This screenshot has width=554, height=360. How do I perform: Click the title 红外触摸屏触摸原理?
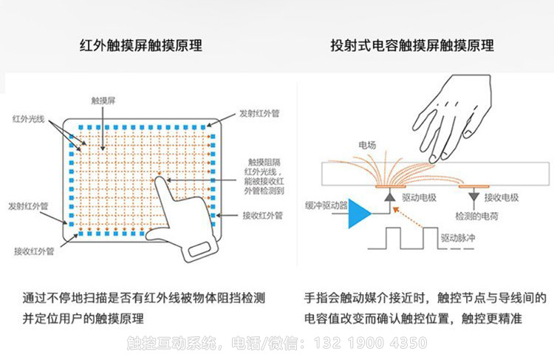pyautogui.click(x=140, y=46)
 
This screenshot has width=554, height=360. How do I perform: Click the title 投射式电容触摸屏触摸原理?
pyautogui.click(x=412, y=46)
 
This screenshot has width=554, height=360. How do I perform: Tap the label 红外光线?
pyautogui.click(x=28, y=118)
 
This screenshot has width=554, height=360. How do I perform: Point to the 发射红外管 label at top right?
pyautogui.click(x=259, y=114)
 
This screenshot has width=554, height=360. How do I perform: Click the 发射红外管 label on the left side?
pyautogui.click(x=28, y=206)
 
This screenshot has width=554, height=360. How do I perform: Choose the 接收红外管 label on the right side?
pyautogui.click(x=262, y=216)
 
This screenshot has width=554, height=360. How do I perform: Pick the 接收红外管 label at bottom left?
pyautogui.click(x=34, y=251)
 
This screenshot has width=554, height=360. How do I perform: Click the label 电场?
pyautogui.click(x=366, y=144)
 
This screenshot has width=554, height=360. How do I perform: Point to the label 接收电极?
pyautogui.click(x=501, y=197)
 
